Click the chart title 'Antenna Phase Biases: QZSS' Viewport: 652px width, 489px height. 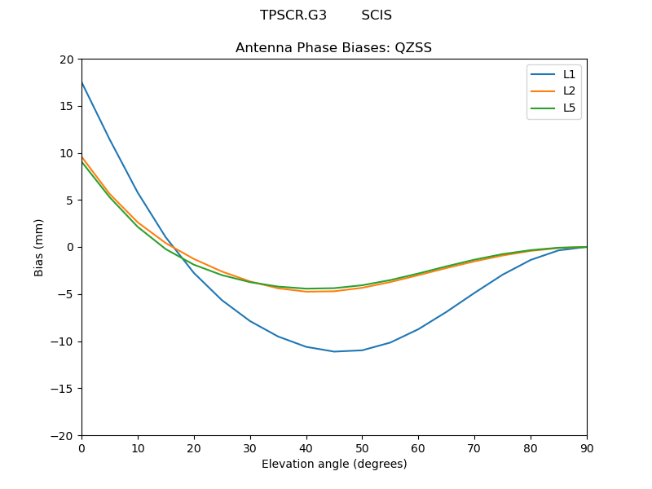[x=333, y=48]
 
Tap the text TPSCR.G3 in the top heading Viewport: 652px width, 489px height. [x=293, y=15]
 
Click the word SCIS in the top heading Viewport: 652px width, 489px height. [x=377, y=15]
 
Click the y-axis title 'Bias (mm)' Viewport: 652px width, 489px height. [x=39, y=247]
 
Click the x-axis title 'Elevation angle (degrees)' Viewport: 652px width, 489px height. [x=333, y=465]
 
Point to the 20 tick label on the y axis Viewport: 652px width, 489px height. [x=66, y=59]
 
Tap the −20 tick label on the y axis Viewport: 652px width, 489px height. [x=63, y=435]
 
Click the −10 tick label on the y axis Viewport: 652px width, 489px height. [x=63, y=341]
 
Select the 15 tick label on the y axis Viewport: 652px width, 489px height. [x=66, y=106]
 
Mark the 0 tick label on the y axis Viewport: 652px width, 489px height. [x=69, y=247]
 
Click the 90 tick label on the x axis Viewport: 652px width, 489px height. [x=586, y=447]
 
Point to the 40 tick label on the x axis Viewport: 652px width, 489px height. [x=306, y=447]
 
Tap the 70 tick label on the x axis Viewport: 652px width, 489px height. [x=474, y=447]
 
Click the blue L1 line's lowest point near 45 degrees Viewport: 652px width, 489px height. [x=334, y=351]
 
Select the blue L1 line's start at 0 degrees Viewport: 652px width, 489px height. [x=81, y=82]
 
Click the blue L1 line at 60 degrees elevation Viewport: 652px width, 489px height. [x=418, y=329]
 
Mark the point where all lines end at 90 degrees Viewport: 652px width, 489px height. [x=586, y=247]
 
